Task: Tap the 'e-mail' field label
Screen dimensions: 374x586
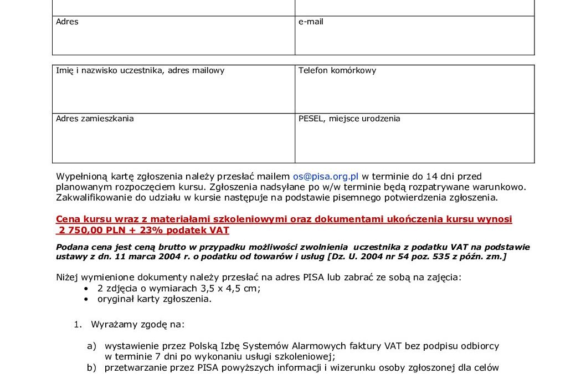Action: (x=311, y=22)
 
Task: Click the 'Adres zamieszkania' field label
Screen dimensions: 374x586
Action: (x=95, y=118)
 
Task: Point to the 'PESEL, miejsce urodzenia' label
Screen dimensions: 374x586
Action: (x=349, y=118)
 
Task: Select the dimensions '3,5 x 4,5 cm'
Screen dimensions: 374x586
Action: (x=227, y=288)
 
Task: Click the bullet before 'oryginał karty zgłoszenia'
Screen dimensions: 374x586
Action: (x=85, y=299)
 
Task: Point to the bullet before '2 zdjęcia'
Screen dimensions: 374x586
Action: (x=85, y=289)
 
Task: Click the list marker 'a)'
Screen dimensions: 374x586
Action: (x=91, y=346)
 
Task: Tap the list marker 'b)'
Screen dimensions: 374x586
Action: (x=91, y=367)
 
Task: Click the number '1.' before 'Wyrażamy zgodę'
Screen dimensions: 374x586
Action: (x=78, y=324)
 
